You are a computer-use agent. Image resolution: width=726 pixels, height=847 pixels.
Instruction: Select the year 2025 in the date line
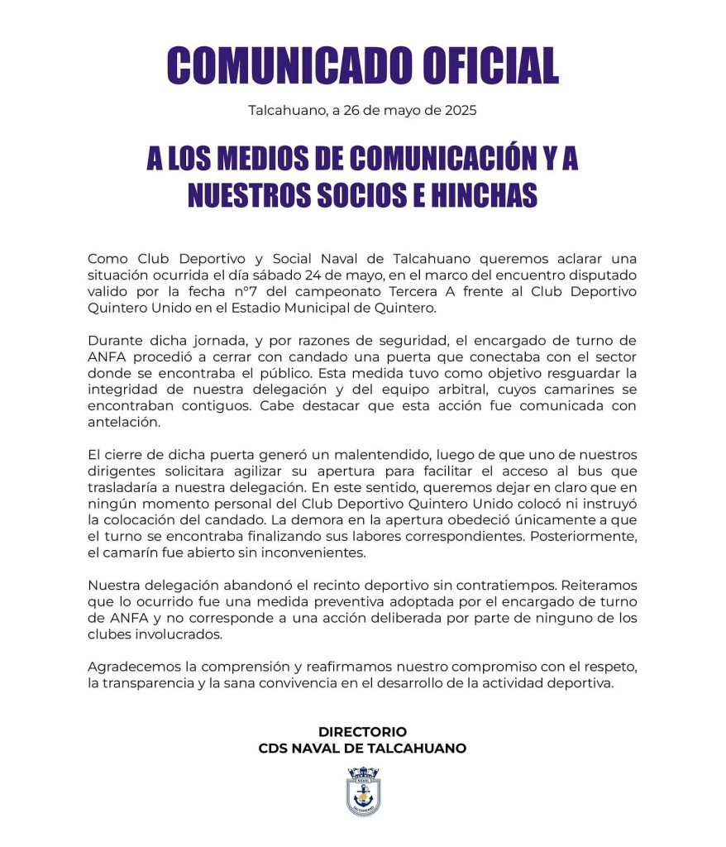[x=460, y=110]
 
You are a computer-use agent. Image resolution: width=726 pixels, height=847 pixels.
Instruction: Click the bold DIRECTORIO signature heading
[x=362, y=732]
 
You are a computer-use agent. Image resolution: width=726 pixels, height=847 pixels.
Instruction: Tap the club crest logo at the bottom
[x=362, y=792]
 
